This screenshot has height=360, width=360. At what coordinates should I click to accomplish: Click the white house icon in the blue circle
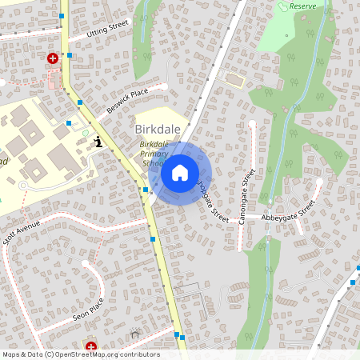(179, 172)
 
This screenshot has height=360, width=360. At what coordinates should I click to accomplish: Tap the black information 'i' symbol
(98, 142)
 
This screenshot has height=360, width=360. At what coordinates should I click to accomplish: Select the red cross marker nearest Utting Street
(53, 58)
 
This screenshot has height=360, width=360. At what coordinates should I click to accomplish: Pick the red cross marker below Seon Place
(91, 346)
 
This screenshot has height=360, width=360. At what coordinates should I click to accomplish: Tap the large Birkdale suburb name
(158, 130)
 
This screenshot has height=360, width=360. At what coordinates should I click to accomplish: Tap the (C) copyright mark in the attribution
(50, 354)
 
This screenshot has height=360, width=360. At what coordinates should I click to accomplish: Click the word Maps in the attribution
(11, 354)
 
